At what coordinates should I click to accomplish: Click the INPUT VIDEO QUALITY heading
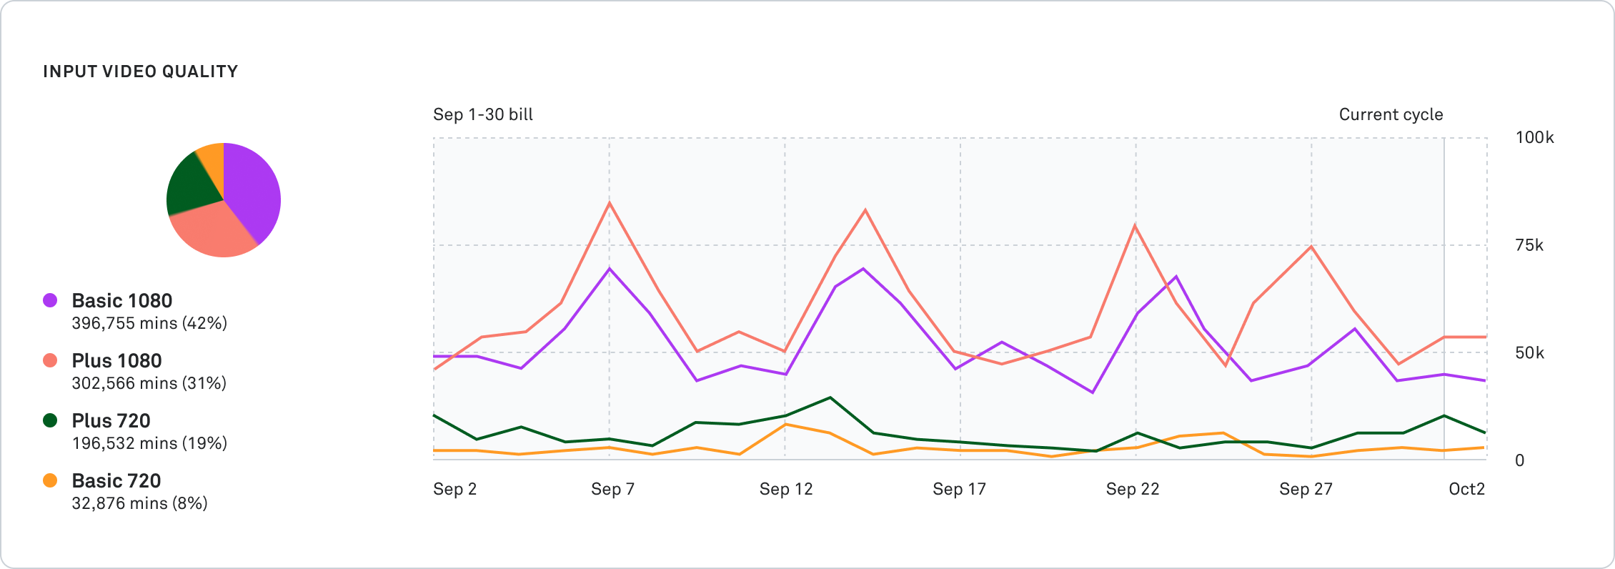tap(140, 71)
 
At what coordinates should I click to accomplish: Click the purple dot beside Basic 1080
tap(50, 300)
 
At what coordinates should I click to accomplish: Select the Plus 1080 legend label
tap(116, 360)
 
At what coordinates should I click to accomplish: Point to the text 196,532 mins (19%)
tap(149, 443)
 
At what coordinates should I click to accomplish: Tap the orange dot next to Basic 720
tap(50, 480)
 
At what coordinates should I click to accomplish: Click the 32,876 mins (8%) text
tap(139, 503)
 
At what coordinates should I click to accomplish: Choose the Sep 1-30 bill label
tap(483, 114)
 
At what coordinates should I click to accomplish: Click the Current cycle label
tap(1391, 114)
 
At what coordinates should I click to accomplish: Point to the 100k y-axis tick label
tap(1534, 137)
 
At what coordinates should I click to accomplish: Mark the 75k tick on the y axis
tap(1529, 245)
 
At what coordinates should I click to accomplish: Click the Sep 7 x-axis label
tap(612, 489)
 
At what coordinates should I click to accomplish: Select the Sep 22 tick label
tap(1132, 489)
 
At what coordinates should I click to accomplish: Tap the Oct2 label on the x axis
tap(1466, 489)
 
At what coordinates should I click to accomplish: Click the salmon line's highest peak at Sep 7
tap(609, 203)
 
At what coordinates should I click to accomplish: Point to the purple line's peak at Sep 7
tap(609, 269)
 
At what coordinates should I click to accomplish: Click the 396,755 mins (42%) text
tap(149, 323)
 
